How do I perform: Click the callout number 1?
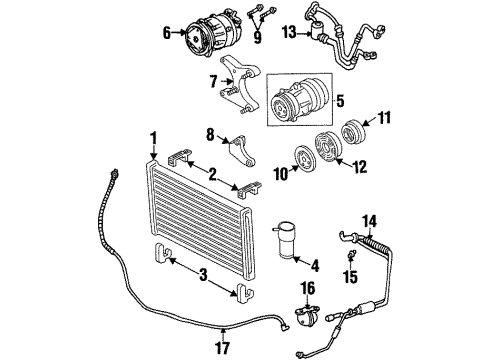click(154, 136)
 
